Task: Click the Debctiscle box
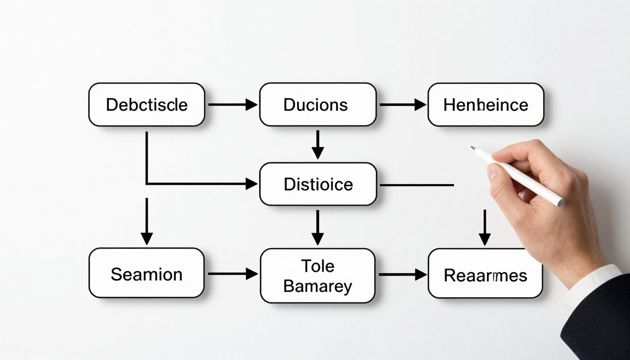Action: click(147, 105)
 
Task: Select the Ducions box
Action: click(317, 105)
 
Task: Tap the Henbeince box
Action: click(486, 105)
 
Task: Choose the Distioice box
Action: click(318, 184)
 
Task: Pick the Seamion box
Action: click(146, 273)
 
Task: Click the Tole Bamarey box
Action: click(317, 276)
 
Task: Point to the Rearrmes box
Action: click(485, 274)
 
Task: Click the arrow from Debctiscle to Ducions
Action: click(232, 105)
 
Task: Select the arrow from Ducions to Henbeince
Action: click(402, 105)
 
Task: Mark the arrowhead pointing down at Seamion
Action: click(147, 238)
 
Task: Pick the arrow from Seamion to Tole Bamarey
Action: click(232, 273)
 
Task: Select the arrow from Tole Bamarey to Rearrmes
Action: click(402, 274)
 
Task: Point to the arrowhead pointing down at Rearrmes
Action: click(485, 239)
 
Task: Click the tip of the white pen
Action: click(472, 148)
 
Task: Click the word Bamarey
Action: click(317, 286)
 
